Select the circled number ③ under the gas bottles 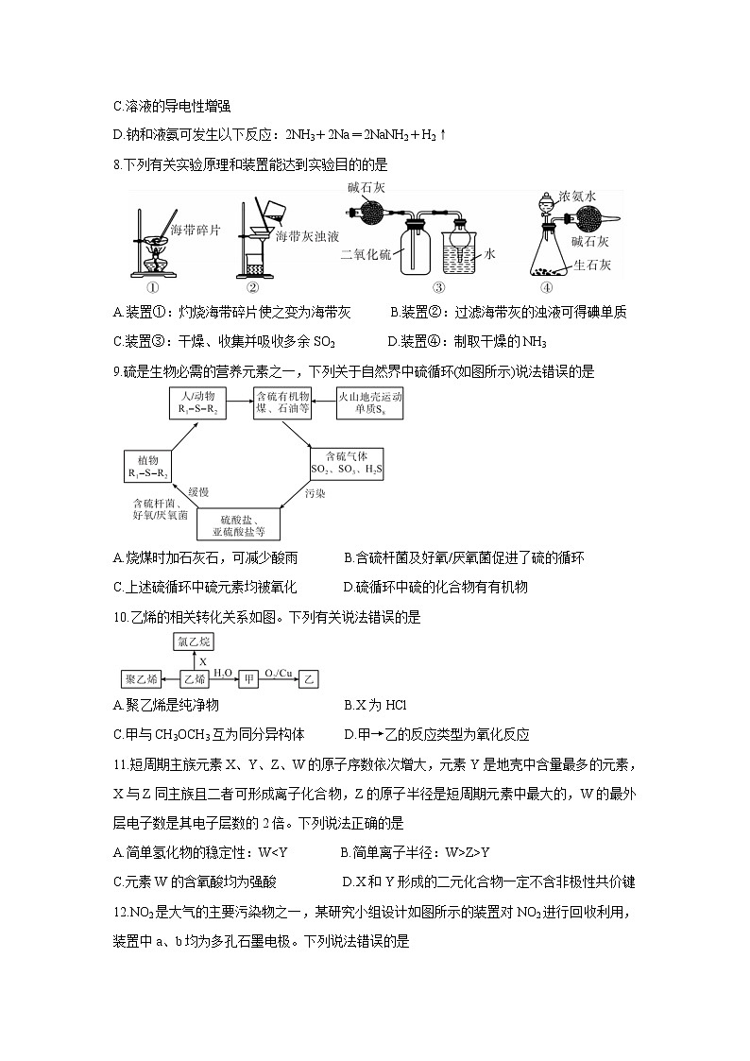438,287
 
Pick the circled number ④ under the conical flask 546,287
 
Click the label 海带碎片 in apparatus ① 196,230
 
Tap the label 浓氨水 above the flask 576,197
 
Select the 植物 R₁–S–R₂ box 151,463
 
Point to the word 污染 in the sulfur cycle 315,493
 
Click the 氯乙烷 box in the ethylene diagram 194,642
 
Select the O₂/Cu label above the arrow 281,672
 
